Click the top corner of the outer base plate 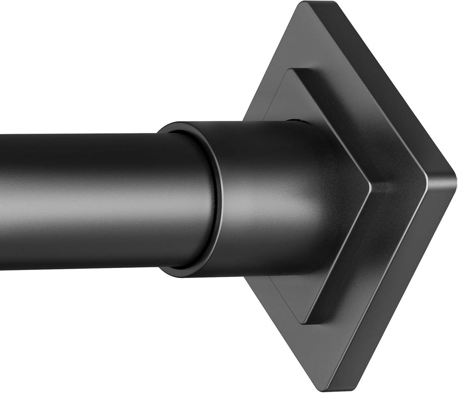click(306, 3)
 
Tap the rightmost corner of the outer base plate click(455, 176)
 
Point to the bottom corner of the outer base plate click(327, 389)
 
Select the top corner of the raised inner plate click(292, 70)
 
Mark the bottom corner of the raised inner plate click(306, 323)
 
